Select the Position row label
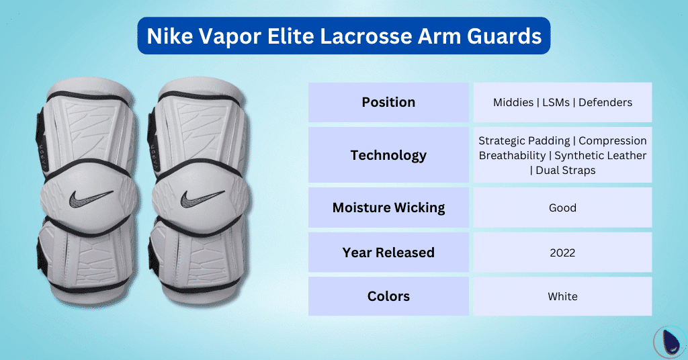388,102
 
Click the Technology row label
388,155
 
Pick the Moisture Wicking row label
388,208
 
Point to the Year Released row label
388,253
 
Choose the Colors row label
388,296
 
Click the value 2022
562,253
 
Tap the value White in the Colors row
562,296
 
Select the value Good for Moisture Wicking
562,208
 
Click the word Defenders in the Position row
605,103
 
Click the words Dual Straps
566,170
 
